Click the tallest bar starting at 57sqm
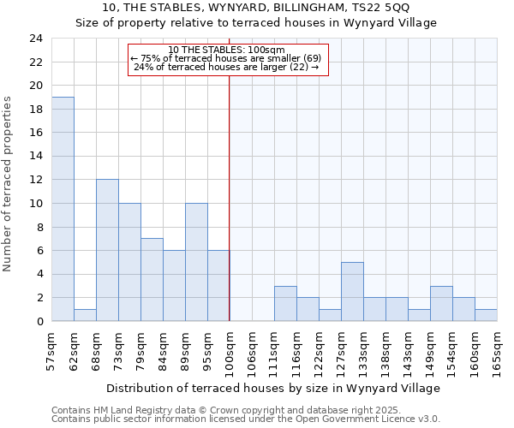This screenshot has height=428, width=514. point(63,209)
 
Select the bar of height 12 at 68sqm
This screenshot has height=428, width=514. point(107,250)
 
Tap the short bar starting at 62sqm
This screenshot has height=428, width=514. point(85,315)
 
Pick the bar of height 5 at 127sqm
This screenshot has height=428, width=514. point(352,291)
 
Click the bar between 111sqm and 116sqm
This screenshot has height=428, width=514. point(285,303)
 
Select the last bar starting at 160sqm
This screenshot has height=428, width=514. point(486,315)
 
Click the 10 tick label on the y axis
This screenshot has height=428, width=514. point(36,204)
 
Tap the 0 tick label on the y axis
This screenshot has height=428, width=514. point(39,321)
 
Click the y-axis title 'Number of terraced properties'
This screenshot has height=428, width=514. point(9,184)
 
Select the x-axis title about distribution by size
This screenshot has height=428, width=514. point(274,388)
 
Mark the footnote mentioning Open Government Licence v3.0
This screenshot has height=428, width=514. point(245,419)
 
